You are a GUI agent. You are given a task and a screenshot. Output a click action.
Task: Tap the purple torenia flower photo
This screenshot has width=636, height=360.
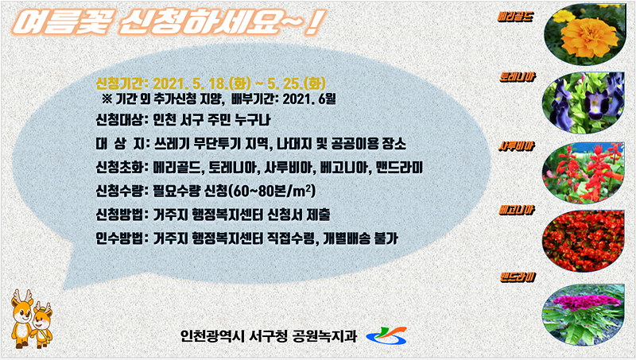588,102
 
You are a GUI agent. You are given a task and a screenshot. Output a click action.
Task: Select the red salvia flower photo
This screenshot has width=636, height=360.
588,170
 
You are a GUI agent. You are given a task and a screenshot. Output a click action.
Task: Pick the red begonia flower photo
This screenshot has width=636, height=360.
588,238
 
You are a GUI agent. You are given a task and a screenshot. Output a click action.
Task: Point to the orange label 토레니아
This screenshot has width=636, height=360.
517,79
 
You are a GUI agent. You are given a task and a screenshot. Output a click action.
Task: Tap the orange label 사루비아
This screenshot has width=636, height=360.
516,146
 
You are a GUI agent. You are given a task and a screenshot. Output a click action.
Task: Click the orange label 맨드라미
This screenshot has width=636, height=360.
517,277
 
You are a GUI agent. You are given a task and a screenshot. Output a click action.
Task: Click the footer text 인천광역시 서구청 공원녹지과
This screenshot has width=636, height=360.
271,335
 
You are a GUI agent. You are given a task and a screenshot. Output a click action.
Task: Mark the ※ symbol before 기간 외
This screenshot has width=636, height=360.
107,99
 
